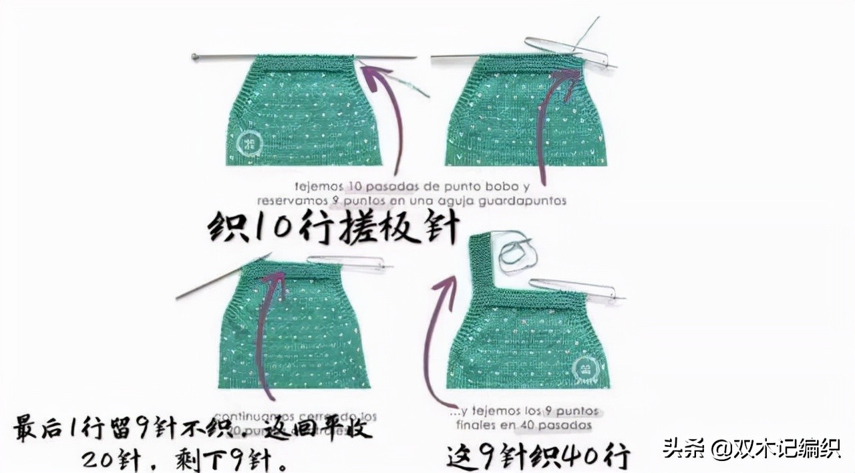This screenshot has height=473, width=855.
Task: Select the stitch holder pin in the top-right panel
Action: coord(568,52)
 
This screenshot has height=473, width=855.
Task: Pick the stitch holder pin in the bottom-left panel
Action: coord(347,263)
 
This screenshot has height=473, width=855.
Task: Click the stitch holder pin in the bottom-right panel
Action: coord(574,288)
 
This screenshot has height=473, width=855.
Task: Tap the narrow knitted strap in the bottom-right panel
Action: coord(479,267)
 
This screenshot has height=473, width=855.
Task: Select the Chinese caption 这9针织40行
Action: coord(538,457)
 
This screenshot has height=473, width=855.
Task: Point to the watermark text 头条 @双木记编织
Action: coord(751,448)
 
